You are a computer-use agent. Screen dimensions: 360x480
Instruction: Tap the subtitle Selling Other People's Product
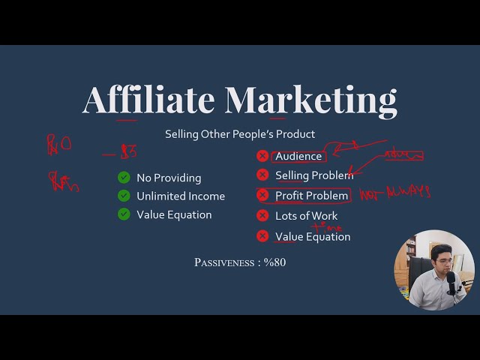pos(240,134)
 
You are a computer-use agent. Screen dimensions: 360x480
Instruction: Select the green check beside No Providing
pos(124,178)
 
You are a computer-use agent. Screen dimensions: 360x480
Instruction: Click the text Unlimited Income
pos(180,196)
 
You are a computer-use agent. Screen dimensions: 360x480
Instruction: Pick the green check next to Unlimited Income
pos(124,196)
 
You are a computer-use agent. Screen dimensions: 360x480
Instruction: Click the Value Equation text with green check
pos(174,214)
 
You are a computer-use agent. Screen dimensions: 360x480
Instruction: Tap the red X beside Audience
pos(262,156)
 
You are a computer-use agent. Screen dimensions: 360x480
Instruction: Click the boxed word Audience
pos(298,156)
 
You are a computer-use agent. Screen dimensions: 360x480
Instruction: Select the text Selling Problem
pos(313,175)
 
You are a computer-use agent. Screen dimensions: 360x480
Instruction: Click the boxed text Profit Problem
pos(311,196)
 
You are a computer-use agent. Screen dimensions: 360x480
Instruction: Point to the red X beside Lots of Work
pos(262,216)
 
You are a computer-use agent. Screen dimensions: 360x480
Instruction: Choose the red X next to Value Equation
pos(262,236)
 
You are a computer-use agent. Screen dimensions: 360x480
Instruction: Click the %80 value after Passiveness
pos(274,262)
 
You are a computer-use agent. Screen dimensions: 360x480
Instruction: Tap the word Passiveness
pos(223,262)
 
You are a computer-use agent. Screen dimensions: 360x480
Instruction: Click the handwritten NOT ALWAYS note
pos(394,193)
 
